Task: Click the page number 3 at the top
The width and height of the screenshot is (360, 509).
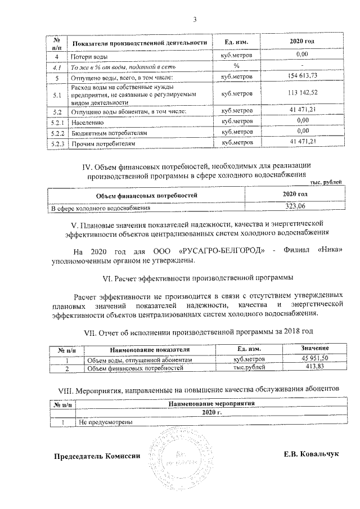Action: pos(195,21)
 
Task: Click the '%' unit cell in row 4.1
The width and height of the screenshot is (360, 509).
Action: pos(236,66)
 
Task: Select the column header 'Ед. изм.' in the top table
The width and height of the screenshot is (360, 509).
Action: pos(236,43)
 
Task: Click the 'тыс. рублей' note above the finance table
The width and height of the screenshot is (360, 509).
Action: pos(326,182)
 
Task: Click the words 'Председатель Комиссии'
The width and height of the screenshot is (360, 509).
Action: pos(96,456)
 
